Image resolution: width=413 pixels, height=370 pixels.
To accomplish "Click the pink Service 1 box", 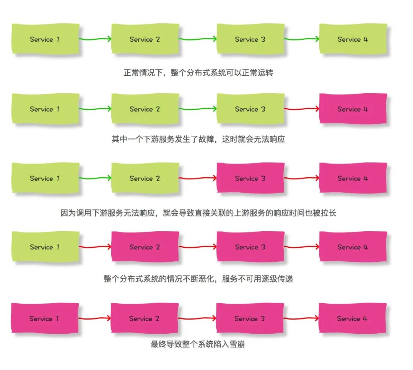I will point(45,318).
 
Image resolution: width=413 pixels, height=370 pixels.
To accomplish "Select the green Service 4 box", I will point(353,39).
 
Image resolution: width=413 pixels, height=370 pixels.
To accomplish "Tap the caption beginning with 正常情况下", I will point(198,73).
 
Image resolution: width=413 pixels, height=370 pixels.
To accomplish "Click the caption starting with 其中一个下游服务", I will point(198,139).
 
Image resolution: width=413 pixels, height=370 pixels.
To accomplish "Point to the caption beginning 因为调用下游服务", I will point(198,213).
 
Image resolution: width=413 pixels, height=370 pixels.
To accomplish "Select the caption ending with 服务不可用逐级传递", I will point(198,279).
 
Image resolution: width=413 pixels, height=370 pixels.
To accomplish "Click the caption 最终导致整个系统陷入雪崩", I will point(198,344).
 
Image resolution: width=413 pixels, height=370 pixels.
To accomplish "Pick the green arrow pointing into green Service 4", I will point(302,39).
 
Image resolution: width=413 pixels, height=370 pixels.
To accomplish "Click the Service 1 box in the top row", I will point(45,39).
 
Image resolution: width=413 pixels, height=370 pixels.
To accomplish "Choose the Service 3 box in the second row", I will point(250,109).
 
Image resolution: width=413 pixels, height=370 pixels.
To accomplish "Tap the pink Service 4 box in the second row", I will point(353,109).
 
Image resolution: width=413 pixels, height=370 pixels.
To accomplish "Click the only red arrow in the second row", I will point(302,109).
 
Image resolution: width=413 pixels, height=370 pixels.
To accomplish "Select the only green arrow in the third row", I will point(95,178).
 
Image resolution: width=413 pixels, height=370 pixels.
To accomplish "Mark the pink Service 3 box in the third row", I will point(250,178).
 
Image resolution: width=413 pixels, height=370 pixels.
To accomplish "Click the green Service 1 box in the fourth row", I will point(45,247).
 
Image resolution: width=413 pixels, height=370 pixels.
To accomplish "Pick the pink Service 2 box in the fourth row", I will point(145,247).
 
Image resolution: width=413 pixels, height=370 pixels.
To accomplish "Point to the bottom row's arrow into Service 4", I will point(301,318).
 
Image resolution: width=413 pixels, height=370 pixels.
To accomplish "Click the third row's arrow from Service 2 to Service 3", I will point(198,178).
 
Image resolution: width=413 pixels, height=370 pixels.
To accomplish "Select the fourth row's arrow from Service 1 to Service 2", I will point(95,247).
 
